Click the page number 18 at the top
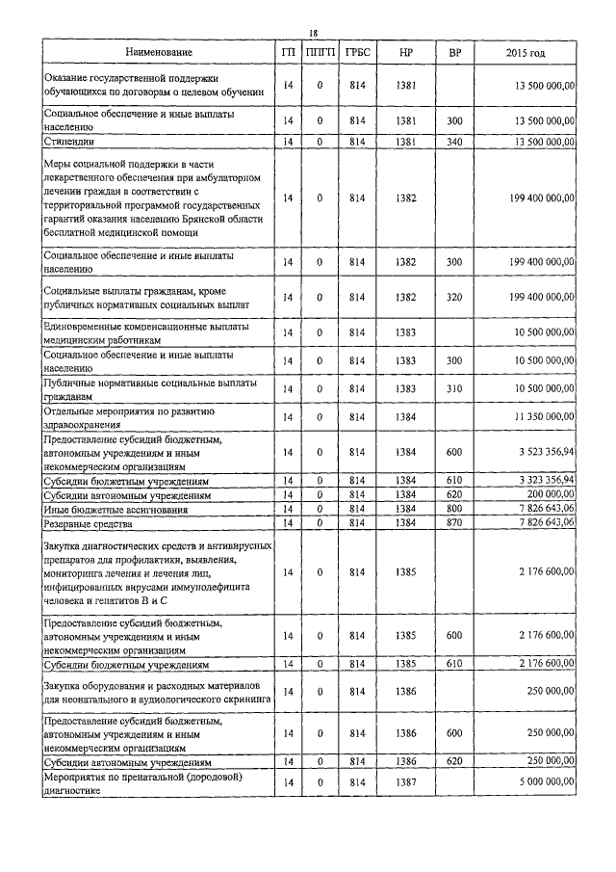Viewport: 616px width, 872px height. pyautogui.click(x=313, y=31)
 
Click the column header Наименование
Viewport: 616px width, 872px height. pyautogui.click(x=158, y=51)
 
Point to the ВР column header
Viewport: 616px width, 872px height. pyautogui.click(x=454, y=51)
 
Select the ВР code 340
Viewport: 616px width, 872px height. pyautogui.click(x=454, y=143)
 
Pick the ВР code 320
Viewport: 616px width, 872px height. pyautogui.click(x=454, y=300)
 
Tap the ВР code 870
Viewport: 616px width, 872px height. pyautogui.click(x=454, y=522)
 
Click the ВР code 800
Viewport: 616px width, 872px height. pyautogui.click(x=454, y=508)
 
